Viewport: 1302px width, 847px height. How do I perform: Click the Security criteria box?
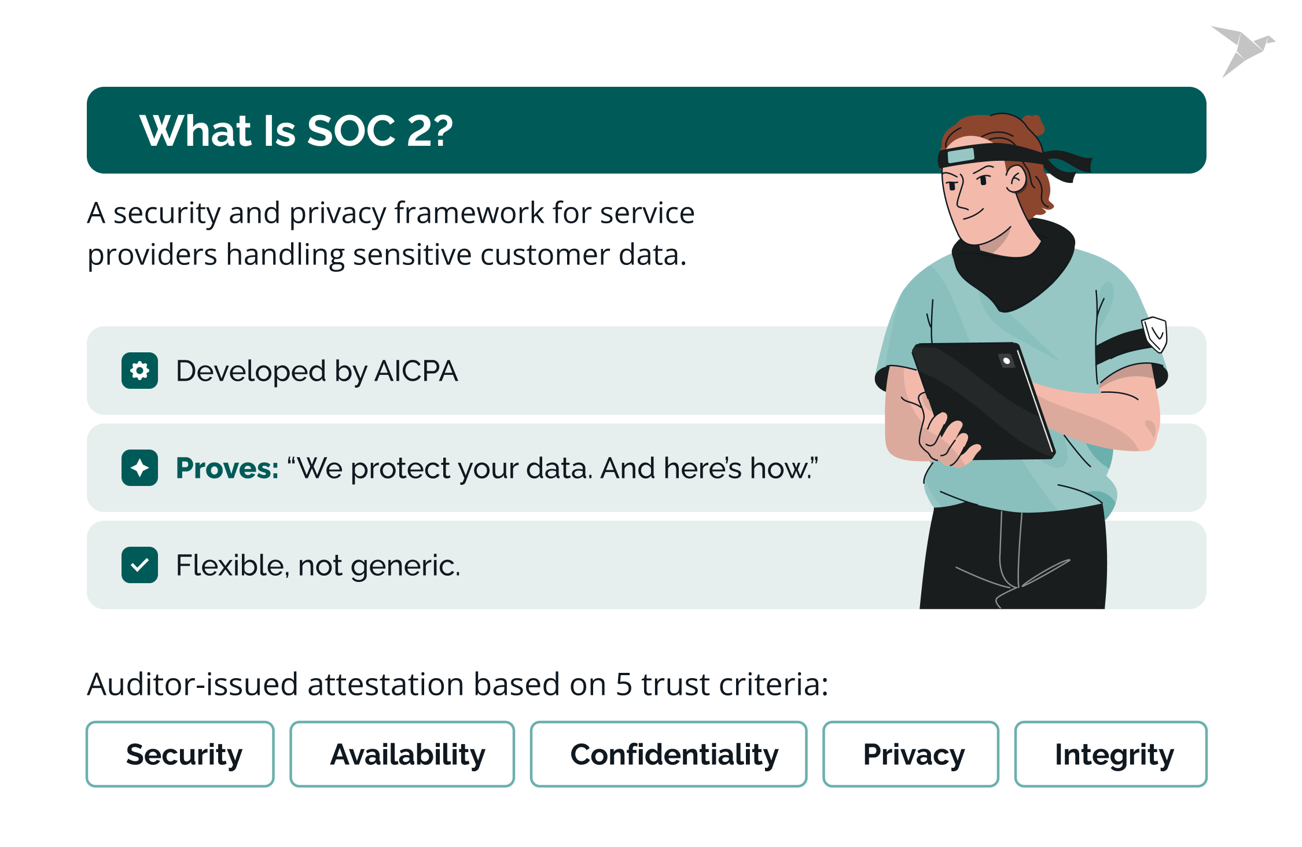point(180,754)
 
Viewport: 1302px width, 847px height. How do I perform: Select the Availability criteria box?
point(402,754)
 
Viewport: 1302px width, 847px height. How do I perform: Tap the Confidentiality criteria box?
point(668,754)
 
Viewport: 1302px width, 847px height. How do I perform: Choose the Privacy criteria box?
point(911,754)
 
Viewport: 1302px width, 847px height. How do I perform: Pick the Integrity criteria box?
point(1110,754)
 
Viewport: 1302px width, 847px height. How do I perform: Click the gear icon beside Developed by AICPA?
point(139,370)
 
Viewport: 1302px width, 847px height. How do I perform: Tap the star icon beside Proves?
point(139,467)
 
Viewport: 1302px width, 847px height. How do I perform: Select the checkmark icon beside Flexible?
point(139,565)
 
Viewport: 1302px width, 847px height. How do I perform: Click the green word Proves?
point(227,468)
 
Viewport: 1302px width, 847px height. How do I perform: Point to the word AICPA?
point(416,371)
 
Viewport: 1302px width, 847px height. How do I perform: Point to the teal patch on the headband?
point(961,155)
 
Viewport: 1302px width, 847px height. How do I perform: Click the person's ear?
point(1016,179)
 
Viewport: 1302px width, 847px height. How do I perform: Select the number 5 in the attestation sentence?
point(624,684)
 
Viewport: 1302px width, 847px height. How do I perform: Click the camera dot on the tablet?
point(1007,361)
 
